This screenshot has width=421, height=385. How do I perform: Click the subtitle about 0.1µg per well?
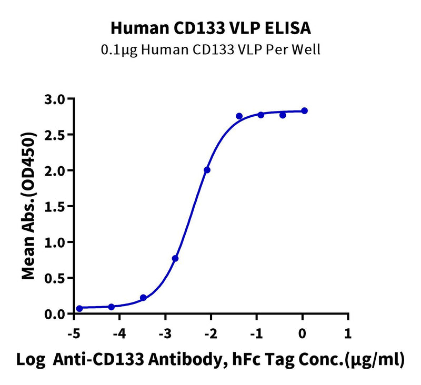coord(210,50)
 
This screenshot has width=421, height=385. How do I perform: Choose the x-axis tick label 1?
coord(347,333)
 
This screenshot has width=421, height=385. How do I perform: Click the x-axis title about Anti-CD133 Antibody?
coord(210,360)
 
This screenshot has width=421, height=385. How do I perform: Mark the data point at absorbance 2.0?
coord(207,170)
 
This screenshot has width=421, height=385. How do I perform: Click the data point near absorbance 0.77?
coord(175,258)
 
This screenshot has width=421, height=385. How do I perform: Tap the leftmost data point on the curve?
coord(79,308)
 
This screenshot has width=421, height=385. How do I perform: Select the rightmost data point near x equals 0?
coord(304,110)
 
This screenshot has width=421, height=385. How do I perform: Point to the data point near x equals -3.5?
coord(143,298)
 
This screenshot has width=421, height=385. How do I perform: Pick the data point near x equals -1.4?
coord(239,116)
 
